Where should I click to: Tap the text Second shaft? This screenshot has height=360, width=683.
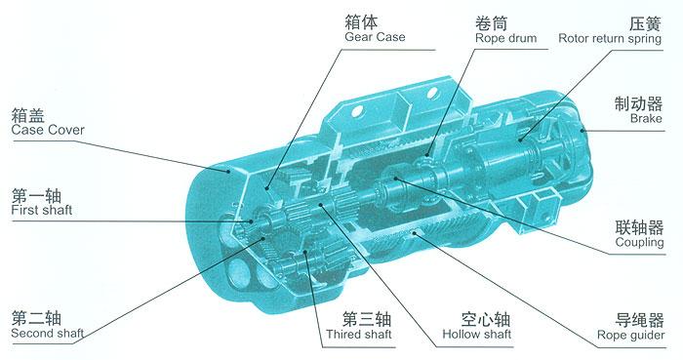(47, 334)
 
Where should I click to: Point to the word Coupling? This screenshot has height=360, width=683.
(640, 242)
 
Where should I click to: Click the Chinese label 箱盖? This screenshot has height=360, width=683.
(26, 112)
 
